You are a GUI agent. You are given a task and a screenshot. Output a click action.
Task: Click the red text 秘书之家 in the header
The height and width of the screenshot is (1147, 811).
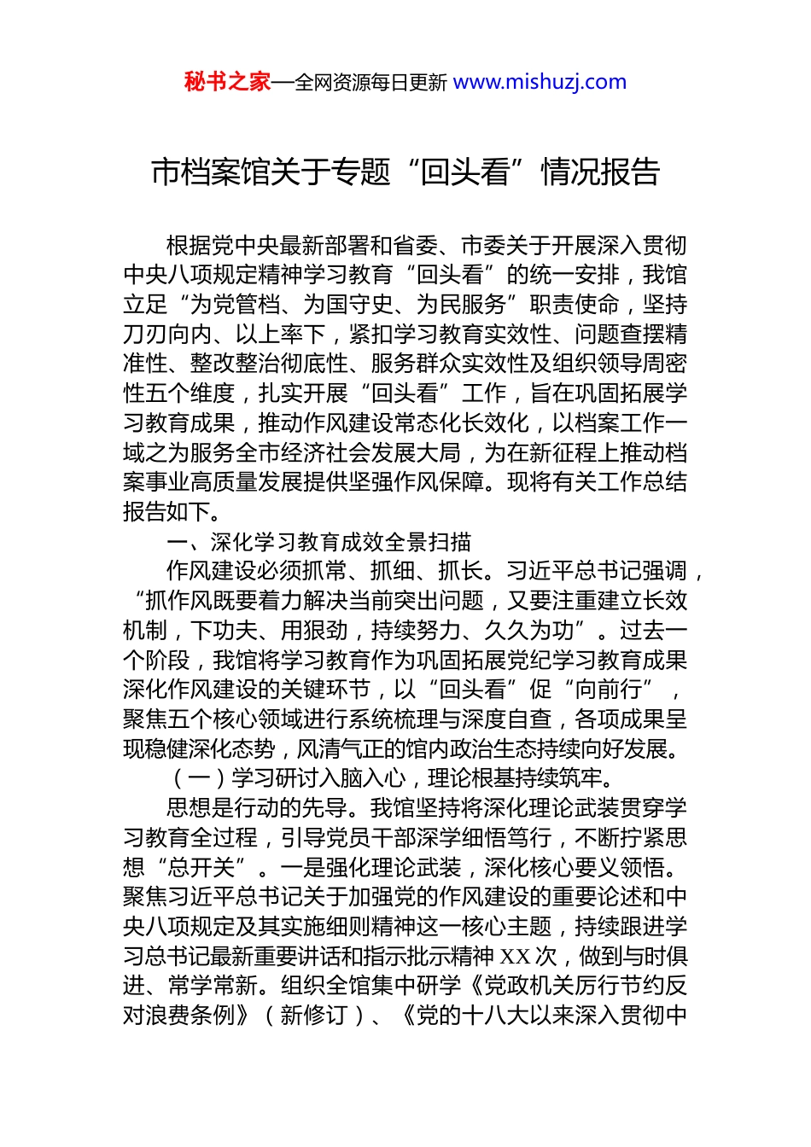(227, 82)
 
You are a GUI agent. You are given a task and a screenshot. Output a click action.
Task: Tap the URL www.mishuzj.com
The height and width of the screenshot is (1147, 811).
(540, 82)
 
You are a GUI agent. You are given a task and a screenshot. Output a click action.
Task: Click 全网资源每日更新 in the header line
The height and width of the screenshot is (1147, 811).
(370, 83)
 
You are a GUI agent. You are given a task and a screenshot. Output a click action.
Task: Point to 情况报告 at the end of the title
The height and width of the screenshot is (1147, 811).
(600, 172)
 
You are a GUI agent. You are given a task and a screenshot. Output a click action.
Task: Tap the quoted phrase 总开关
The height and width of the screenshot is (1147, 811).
(201, 867)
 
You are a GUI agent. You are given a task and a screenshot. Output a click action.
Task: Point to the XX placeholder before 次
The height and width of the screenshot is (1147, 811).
(515, 956)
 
